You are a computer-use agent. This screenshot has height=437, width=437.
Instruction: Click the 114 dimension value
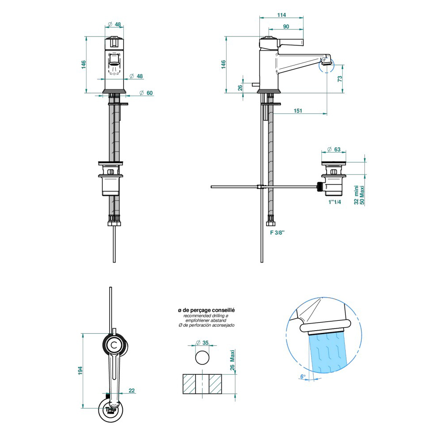click(281, 15)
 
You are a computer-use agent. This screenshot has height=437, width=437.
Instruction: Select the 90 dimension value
click(286, 27)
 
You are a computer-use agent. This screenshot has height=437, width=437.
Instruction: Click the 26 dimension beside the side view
click(240, 87)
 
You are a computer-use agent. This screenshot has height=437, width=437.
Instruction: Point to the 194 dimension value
click(80, 370)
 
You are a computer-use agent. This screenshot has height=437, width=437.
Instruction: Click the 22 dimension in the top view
click(132, 390)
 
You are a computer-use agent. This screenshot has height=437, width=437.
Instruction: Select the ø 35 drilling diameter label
click(202, 343)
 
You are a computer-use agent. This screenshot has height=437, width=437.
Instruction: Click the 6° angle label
click(303, 376)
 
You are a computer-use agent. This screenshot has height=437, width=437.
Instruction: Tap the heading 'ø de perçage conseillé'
click(206, 310)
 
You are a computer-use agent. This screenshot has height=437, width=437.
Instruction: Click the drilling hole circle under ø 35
click(202, 357)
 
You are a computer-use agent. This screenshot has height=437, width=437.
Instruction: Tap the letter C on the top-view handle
click(114, 344)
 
